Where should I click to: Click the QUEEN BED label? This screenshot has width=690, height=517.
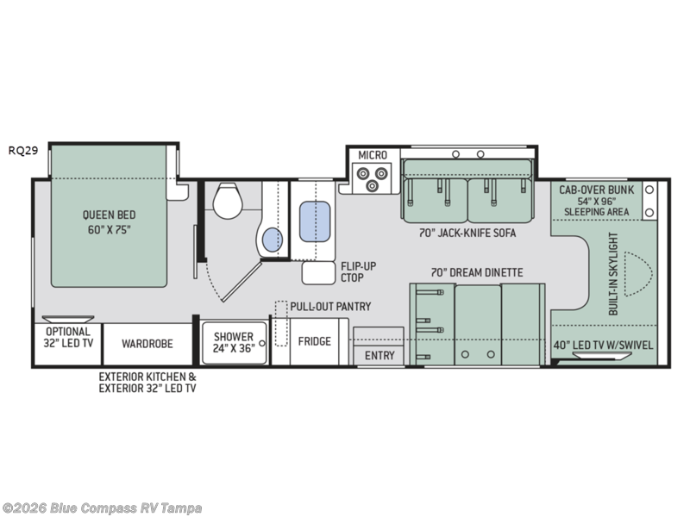tap(110, 215)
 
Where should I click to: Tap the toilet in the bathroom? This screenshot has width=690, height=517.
tap(228, 202)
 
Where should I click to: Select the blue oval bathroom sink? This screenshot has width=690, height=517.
tap(273, 240)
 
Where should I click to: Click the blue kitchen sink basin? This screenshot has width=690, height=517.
tap(315, 221)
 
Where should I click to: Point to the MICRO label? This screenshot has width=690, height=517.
tap(373, 155)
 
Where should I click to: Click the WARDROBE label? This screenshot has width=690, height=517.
tap(147, 343)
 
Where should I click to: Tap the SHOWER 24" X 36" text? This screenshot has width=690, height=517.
tap(234, 342)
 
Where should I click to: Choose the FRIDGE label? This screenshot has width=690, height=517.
tap(315, 341)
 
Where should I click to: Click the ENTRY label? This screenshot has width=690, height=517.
tap(379, 355)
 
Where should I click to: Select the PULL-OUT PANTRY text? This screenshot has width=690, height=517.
tap(330, 307)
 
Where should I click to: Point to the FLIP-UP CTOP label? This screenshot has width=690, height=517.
tap(359, 271)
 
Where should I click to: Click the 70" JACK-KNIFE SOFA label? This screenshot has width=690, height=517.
tap(467, 233)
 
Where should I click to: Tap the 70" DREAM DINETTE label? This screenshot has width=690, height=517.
tap(477, 272)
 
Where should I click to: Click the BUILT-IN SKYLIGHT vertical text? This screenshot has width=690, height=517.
tap(613, 274)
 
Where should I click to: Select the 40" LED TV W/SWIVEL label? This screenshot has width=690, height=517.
tap(603, 346)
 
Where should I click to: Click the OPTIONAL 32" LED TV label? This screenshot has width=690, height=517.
tap(68, 337)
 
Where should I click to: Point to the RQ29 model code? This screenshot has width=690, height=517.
tap(23, 150)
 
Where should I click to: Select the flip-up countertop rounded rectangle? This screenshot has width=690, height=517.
tap(319, 273)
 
